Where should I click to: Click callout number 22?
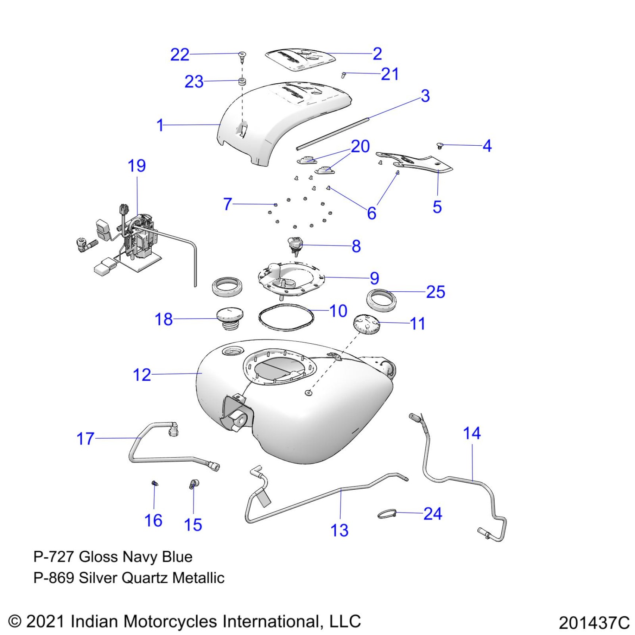tap(180, 55)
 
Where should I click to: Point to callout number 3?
tap(425, 96)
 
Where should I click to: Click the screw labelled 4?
tap(440, 145)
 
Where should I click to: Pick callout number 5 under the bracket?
tap(437, 207)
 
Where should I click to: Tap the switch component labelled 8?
tap(295, 245)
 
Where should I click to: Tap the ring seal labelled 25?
tap(381, 300)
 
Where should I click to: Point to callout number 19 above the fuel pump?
tap(137, 166)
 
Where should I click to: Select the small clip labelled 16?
tap(155, 484)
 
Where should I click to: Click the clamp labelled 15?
tap(194, 484)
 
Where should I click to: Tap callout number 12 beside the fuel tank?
tap(142, 375)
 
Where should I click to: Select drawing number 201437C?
tap(594, 623)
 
